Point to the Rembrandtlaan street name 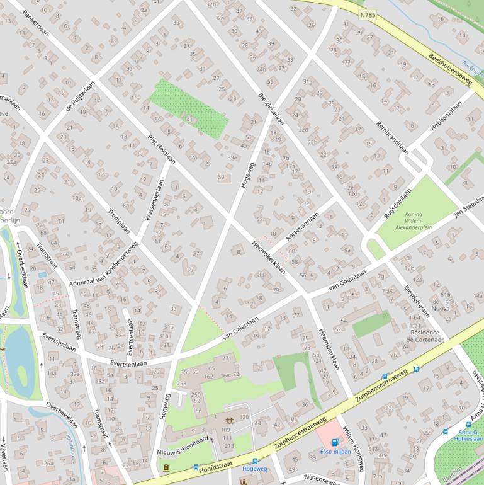pyautogui.click(x=392, y=132)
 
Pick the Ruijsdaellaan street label pyautogui.click(x=399, y=201)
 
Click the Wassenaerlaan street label pyautogui.click(x=154, y=200)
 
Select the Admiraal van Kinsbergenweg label pyautogui.click(x=104, y=265)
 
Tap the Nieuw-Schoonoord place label pyautogui.click(x=183, y=453)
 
